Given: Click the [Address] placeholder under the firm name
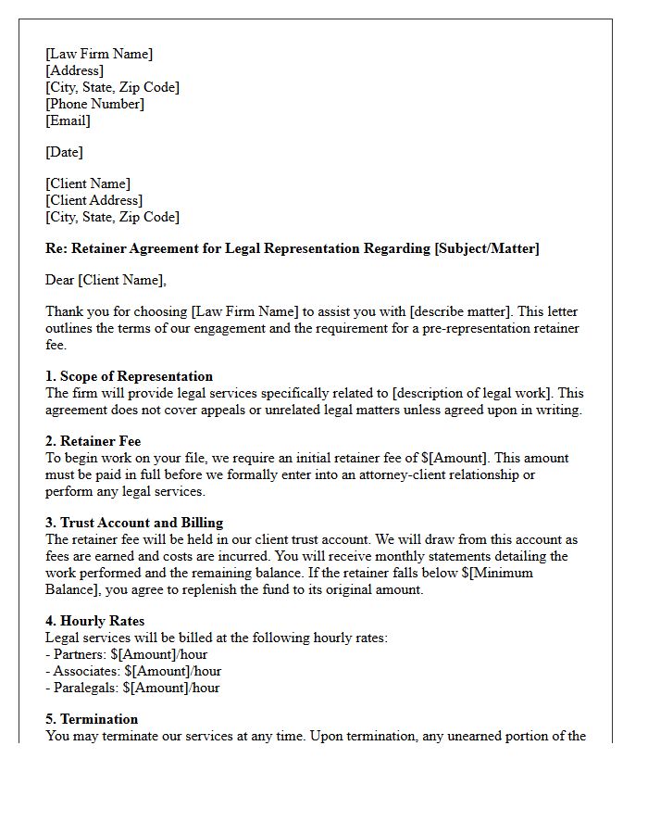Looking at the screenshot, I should click(x=75, y=70).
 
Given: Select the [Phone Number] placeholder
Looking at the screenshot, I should click(x=94, y=104).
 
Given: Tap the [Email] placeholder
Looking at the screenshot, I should click(x=69, y=120).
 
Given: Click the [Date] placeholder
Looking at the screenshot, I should click(x=64, y=152).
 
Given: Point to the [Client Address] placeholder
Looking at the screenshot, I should click(x=93, y=200).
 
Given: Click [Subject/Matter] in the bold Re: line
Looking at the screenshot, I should click(x=487, y=248).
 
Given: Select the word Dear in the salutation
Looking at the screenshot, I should click(x=60, y=280).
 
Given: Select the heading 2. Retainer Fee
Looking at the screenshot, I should click(x=93, y=441).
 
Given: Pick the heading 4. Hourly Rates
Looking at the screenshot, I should click(x=94, y=621).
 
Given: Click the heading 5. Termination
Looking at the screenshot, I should click(x=92, y=719).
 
